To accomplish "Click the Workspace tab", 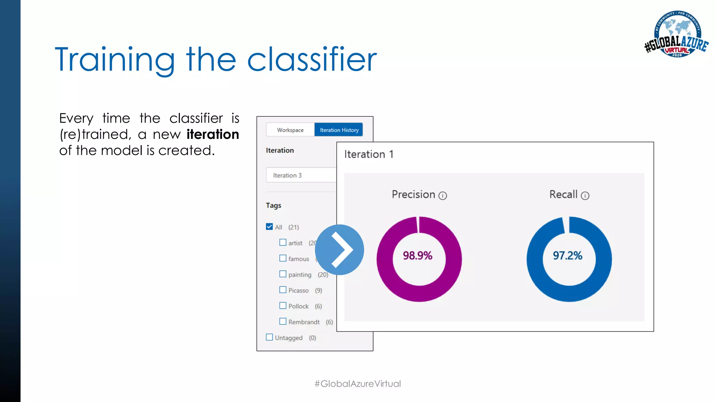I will point(290,130).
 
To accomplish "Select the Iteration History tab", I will point(339,130).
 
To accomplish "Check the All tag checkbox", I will point(269,227).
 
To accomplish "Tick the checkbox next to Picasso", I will point(283,290).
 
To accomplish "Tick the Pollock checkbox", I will point(283,306).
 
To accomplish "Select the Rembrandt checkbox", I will point(283,321).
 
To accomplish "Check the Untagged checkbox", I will point(269,337).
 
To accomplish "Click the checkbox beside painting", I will point(283,274).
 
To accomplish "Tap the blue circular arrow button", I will point(339,250).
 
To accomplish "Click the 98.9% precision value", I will point(418,256).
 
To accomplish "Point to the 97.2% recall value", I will point(567,256).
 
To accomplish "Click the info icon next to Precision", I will point(443,196).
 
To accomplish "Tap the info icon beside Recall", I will point(585,196).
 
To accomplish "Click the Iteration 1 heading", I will point(369,154).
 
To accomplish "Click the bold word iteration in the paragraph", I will point(213,134).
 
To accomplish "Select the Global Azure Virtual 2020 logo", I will point(677,34).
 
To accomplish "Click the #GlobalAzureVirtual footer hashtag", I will point(357,384).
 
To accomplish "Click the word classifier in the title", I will point(312,60).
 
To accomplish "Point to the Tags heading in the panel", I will point(273,206).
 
